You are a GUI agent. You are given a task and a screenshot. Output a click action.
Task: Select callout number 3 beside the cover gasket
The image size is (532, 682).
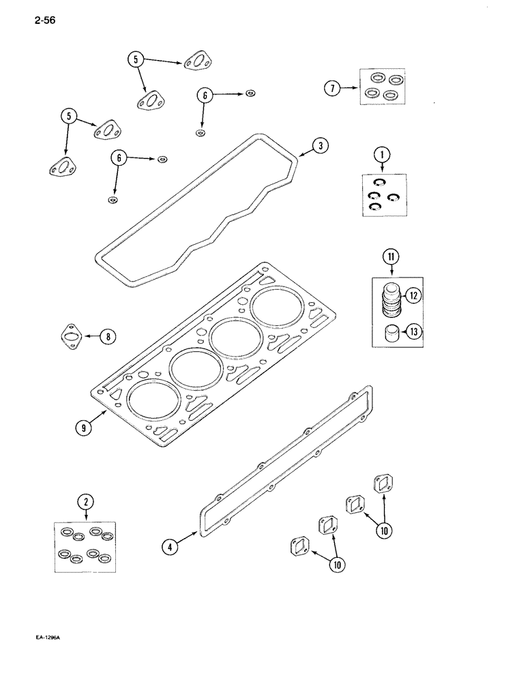(321, 145)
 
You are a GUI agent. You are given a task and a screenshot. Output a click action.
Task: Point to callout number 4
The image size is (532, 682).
(171, 546)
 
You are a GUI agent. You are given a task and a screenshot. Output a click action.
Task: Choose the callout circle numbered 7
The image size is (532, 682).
(333, 87)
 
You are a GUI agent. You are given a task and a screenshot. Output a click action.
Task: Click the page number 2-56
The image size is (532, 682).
(42, 20)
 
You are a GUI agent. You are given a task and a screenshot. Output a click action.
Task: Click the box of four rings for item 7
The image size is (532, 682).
(382, 87)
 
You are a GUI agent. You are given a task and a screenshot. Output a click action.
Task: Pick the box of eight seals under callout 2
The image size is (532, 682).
(85, 548)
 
